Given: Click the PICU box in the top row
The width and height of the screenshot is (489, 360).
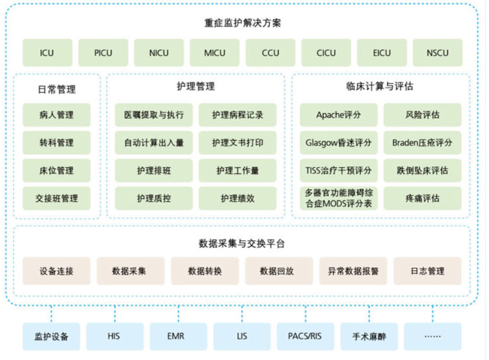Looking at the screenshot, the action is (x=103, y=52).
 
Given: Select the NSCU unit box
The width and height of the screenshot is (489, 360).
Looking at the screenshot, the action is (x=438, y=52).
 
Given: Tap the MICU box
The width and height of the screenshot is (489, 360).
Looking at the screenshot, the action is (x=214, y=52).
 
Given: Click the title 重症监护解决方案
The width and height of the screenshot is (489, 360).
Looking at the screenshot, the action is (x=243, y=23).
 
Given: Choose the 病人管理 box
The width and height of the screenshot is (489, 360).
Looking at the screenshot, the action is (x=57, y=115).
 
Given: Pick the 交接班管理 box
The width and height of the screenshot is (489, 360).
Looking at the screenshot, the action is (x=57, y=198).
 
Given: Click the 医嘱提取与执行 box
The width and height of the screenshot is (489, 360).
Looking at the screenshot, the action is (x=154, y=115).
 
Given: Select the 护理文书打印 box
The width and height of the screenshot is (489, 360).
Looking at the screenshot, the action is (x=238, y=143).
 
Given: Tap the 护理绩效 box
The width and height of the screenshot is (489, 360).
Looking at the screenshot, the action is (x=238, y=198).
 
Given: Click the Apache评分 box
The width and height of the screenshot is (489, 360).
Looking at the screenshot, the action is (x=338, y=115).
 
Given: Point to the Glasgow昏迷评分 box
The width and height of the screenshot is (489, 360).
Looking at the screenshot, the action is (x=338, y=143).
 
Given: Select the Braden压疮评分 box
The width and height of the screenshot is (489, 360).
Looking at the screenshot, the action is (x=422, y=143).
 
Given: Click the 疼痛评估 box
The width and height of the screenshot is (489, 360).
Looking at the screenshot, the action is (x=422, y=198).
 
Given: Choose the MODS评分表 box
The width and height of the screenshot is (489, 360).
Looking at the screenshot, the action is (x=338, y=198).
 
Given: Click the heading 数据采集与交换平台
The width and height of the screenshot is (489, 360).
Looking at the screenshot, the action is (x=241, y=243).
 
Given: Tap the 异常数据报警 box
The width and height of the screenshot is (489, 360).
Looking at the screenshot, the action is (x=354, y=271).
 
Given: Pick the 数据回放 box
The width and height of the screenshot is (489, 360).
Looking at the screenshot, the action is (x=279, y=271).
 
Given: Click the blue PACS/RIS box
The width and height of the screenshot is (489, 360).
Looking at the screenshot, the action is (x=305, y=337).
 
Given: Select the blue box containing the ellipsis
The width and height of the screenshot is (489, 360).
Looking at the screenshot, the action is (x=432, y=337).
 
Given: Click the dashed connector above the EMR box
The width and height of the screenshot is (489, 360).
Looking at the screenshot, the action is (x=178, y=314).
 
